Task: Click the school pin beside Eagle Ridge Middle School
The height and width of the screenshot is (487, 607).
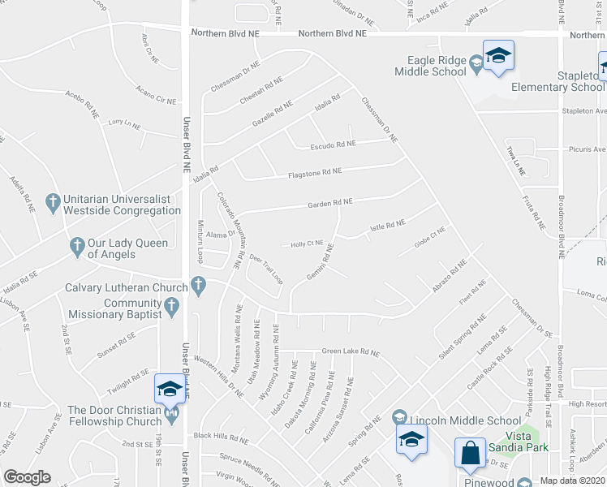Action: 498,56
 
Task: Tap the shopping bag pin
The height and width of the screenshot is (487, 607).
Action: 471,454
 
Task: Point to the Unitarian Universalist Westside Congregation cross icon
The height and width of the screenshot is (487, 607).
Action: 53,200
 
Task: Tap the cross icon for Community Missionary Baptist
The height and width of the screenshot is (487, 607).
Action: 170,306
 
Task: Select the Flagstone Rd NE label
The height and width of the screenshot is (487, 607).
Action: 315,172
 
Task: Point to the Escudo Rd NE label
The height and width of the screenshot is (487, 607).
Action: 334,144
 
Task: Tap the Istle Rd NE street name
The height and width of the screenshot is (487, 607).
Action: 387,225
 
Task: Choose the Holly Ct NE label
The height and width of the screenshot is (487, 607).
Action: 308,243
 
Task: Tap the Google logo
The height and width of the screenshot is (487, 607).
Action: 27,477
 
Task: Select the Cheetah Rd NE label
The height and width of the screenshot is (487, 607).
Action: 260,91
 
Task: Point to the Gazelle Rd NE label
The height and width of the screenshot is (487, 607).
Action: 272,116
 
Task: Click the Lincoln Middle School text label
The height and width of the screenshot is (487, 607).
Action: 465,420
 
